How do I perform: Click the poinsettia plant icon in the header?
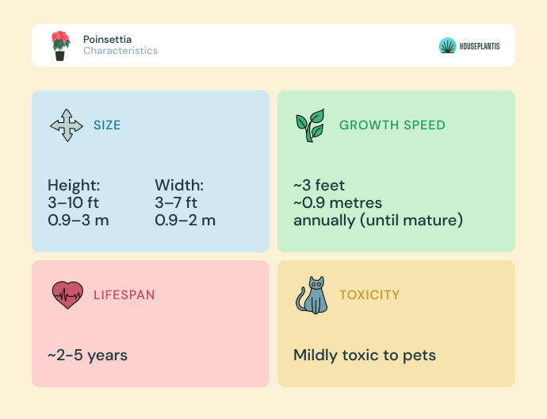tap(60, 46)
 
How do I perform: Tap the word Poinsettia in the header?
tap(108, 39)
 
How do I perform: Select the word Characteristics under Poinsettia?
tap(120, 51)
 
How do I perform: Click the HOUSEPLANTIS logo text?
tap(480, 46)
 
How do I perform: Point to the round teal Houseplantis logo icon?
tap(448, 46)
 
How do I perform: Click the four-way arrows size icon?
tap(67, 125)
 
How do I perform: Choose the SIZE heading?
tap(107, 125)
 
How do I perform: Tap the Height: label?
tap(74, 185)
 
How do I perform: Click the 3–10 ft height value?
tap(73, 202)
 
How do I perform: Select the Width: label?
tap(179, 185)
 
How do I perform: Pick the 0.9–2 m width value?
tap(185, 220)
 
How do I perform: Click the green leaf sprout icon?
tap(311, 125)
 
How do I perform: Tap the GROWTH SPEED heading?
tap(392, 125)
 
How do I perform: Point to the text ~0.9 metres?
tap(338, 202)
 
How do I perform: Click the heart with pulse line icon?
tap(67, 295)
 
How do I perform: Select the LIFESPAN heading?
tap(124, 295)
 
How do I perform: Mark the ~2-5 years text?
tap(87, 355)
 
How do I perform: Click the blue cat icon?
tap(312, 295)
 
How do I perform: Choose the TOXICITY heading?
tap(369, 295)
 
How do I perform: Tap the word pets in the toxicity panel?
tap(419, 356)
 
